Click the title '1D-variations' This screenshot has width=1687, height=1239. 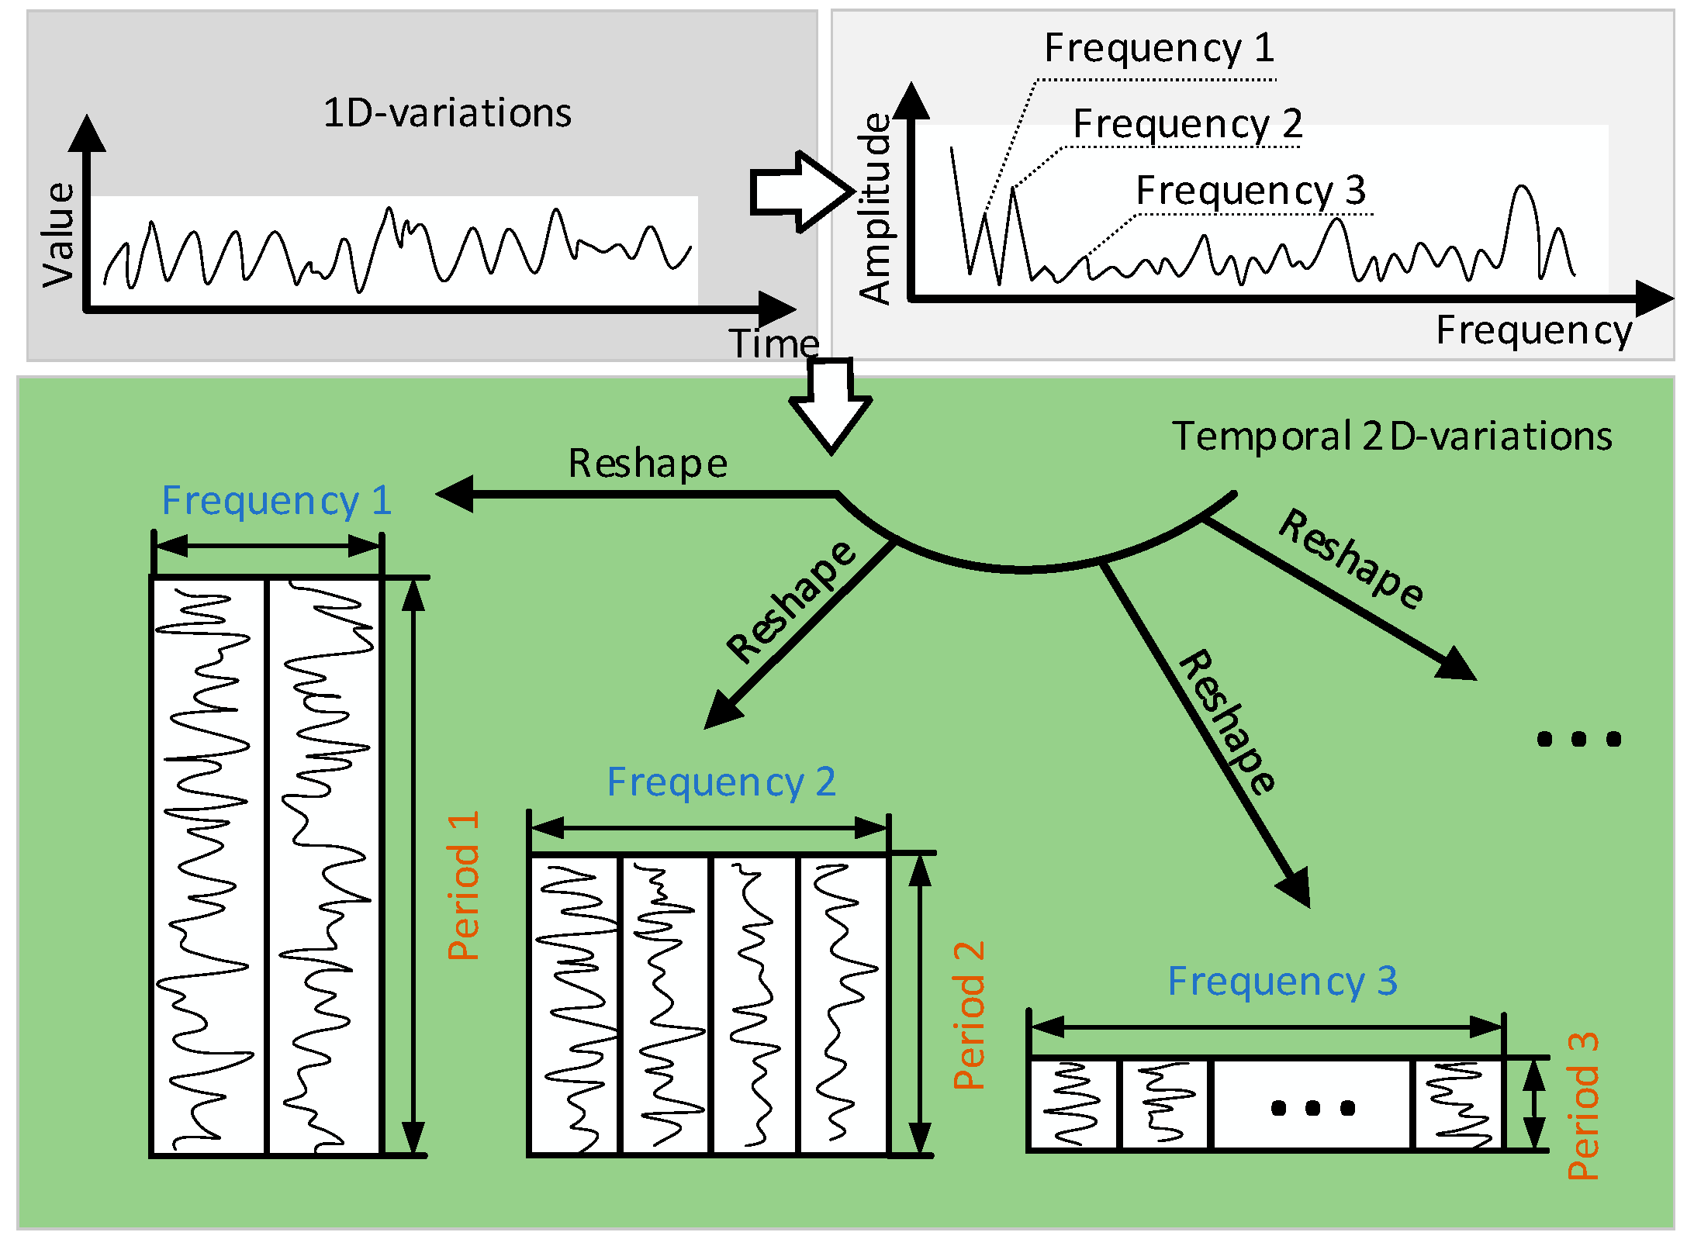coord(447,113)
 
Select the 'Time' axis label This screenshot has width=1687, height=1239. coord(773,343)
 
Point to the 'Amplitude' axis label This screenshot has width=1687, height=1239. coord(876,209)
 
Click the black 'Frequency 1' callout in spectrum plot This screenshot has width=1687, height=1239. coord(1159,48)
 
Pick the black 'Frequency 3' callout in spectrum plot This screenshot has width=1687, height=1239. coord(1250,191)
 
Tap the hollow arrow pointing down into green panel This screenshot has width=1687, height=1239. coord(831,406)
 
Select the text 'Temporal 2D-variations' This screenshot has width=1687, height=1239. coord(1391,437)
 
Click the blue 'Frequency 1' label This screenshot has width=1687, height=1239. coord(276,501)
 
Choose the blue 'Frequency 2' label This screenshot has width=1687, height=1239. coord(721,782)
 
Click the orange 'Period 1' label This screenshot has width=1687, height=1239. coord(465,885)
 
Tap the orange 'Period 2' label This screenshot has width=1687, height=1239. coord(969,1016)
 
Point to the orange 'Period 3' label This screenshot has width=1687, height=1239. coord(1583,1106)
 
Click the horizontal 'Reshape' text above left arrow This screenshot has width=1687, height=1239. coord(648,464)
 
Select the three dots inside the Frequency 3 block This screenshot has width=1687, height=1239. coord(1312,1108)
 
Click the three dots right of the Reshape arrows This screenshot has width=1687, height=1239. coord(1578,739)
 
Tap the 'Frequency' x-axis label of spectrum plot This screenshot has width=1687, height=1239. coord(1533,331)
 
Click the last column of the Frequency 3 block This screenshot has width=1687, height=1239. coord(1458,1104)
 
